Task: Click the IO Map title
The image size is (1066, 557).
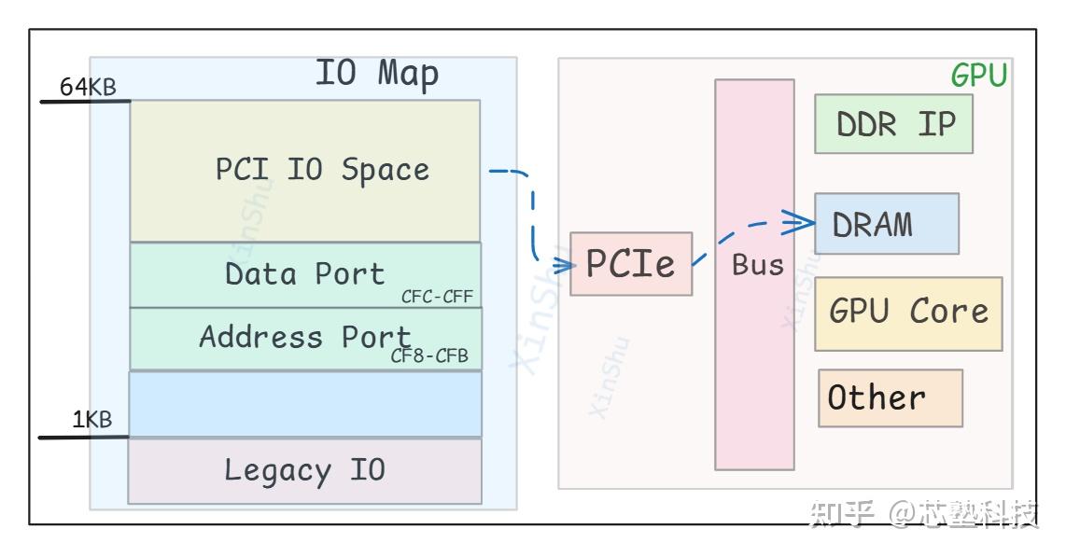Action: pos(376,74)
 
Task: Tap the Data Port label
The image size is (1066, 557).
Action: pos(304,273)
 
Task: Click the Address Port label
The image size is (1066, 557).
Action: pos(304,336)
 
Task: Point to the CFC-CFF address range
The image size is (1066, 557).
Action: pos(437,298)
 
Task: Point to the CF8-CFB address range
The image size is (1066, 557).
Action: pos(429,357)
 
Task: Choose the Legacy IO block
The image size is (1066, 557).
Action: pos(304,470)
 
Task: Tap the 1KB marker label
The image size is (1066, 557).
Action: pos(92,420)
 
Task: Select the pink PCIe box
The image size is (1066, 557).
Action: pos(631,264)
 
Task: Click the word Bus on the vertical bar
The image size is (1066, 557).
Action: pos(757,265)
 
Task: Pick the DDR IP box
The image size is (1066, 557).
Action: pos(893,123)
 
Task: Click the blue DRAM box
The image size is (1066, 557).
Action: pos(886,224)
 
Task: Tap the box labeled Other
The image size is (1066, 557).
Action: pos(890,398)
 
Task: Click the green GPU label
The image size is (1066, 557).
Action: pos(978,76)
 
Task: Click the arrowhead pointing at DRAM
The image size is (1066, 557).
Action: pos(801,222)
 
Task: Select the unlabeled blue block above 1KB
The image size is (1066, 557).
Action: pos(304,404)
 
